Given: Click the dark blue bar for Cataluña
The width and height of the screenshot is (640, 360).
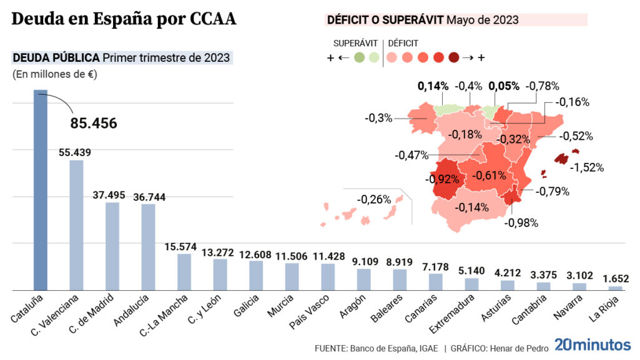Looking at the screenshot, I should (x=40, y=190).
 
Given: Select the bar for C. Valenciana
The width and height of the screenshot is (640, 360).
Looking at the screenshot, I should (x=76, y=225).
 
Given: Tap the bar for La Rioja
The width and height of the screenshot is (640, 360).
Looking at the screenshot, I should (x=616, y=288).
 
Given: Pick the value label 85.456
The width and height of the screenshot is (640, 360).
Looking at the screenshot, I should (x=94, y=124).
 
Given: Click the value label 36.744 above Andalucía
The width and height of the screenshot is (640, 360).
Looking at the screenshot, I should (x=148, y=197).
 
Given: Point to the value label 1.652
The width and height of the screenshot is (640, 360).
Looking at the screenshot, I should (x=616, y=279).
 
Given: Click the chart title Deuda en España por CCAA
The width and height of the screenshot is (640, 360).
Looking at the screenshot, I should (x=124, y=19).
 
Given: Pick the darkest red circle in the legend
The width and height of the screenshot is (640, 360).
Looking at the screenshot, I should (x=453, y=57).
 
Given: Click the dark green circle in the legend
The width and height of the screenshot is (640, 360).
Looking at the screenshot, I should (x=359, y=57).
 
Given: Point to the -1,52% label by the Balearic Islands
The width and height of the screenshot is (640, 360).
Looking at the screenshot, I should (x=588, y=167).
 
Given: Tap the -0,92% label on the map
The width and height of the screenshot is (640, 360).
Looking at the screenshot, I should (x=443, y=178).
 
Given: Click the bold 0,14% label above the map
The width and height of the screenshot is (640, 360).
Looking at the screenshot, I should (x=433, y=86).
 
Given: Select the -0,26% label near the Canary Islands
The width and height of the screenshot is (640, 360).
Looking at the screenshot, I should (x=374, y=200).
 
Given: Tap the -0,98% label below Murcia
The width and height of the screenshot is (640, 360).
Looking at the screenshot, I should (x=521, y=221).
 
